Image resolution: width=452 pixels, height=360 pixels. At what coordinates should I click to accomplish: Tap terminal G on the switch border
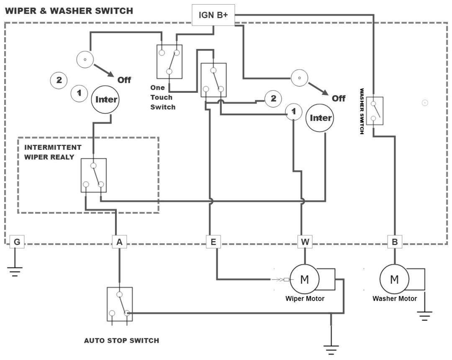tap(17, 242)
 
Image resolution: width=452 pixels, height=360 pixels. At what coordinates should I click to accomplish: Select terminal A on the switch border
tap(119, 242)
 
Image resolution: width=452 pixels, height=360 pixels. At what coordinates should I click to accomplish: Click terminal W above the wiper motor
tap(304, 242)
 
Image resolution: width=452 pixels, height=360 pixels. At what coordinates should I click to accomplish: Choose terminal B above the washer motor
tap(394, 242)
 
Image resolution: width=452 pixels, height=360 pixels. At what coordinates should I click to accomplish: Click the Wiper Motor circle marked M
tap(304, 279)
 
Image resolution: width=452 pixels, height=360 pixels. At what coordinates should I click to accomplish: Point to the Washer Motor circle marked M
tap(394, 279)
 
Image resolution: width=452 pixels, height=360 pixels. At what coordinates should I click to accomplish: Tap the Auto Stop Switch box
tap(120, 304)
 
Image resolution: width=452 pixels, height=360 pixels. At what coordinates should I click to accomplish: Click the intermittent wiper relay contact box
tap(93, 175)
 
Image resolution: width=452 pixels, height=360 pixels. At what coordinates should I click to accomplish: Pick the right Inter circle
tap(321, 118)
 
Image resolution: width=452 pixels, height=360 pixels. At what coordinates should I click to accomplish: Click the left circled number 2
tap(59, 80)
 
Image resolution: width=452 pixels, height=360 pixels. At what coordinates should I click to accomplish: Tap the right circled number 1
tap(294, 112)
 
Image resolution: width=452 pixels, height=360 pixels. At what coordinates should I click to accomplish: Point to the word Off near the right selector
tap(339, 98)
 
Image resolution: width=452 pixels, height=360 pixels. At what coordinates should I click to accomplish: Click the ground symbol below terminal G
tap(15, 271)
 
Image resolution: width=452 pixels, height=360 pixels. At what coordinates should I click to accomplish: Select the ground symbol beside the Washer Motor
tap(424, 315)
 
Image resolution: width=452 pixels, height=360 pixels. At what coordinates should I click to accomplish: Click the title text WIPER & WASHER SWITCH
tap(69, 11)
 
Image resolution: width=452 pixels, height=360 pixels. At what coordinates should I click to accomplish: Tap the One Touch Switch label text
tap(163, 97)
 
